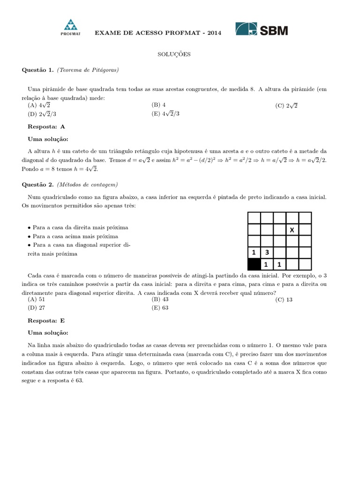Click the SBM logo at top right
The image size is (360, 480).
point(261,29)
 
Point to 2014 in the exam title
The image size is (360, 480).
point(213,32)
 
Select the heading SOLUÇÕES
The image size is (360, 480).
point(173,54)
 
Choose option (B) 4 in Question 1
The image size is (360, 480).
point(158,105)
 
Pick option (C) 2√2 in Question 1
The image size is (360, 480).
point(286,105)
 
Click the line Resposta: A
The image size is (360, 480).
point(46,127)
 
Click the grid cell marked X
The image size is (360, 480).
point(292,230)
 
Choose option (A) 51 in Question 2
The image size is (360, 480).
point(37,299)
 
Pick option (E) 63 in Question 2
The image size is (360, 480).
point(160,307)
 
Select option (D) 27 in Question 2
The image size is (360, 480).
point(37,307)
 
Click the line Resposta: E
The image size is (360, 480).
point(46,321)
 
